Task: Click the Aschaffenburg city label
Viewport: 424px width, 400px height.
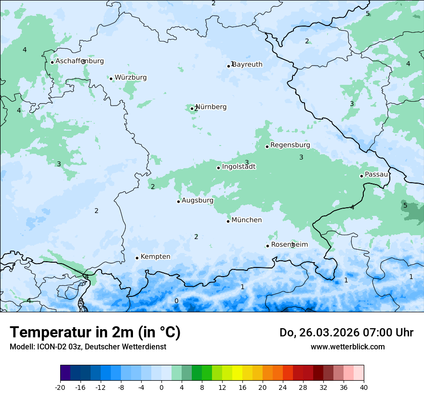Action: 79,61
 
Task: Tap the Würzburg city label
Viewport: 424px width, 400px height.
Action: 131,78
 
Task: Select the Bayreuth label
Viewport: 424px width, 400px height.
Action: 247,65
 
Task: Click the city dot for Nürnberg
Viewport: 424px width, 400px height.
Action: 192,108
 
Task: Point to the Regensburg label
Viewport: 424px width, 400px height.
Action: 290,145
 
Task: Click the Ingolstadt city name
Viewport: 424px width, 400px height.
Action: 238,167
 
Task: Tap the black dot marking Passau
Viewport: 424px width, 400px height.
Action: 361,176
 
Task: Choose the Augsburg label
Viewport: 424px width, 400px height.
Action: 197,200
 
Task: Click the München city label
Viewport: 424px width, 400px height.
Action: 247,220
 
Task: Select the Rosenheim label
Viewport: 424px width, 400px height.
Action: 289,245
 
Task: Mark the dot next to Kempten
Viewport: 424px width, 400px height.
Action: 137,258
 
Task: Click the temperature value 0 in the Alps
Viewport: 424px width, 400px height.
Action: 176,301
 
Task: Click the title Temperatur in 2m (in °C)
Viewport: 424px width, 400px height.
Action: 95,332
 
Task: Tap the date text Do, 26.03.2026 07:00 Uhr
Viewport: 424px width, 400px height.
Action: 346,333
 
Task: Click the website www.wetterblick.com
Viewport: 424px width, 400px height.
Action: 347,347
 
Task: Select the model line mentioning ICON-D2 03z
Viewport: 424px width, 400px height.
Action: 88,347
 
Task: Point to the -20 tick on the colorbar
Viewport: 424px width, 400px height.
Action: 60,387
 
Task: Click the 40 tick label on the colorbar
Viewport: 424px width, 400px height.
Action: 364,387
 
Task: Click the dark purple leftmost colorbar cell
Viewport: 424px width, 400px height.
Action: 65,373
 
